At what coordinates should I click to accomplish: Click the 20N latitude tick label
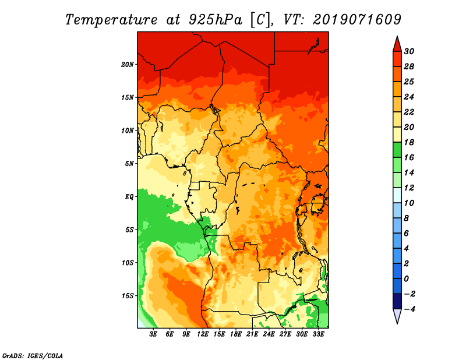coord(128,65)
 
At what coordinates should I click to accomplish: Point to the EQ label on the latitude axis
coord(129,197)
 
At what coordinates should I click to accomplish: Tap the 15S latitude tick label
coord(128,296)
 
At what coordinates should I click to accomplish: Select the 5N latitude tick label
coord(129,164)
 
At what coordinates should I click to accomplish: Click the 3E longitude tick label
coord(153,334)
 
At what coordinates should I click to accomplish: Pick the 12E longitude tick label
coord(203,334)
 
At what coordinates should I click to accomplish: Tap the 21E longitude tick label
coord(252,334)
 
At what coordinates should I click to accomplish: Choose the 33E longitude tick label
coord(318,334)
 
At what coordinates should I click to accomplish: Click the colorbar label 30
coord(409,51)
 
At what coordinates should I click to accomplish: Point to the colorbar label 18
coord(409,142)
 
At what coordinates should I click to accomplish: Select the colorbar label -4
coord(409,309)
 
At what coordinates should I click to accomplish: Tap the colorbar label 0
coord(406,279)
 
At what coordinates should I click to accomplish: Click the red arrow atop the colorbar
coord(397,44)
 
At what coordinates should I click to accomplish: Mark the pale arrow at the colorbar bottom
coord(397,316)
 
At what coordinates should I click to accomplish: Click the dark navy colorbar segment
coord(397,301)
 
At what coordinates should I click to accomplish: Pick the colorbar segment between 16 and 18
coord(397,150)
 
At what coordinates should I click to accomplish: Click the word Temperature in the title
coord(111,20)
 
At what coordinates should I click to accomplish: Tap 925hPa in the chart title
coord(216,20)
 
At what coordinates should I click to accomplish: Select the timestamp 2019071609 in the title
coord(357,20)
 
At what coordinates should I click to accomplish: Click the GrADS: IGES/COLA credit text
coord(33,356)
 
